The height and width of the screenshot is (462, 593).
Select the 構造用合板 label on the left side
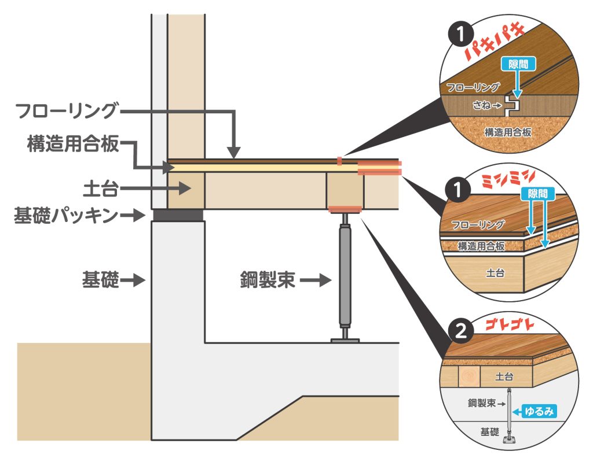pos(72,144)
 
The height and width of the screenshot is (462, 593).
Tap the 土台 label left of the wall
pos(100,187)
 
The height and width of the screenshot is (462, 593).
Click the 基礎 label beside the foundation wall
pos(100,282)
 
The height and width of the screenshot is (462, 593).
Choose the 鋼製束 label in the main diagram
pos(268,282)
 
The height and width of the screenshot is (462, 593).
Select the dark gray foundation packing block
pos(178,216)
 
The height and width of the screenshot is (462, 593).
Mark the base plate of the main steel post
pos(345,341)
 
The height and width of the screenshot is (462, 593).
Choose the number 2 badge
pos(459,331)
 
